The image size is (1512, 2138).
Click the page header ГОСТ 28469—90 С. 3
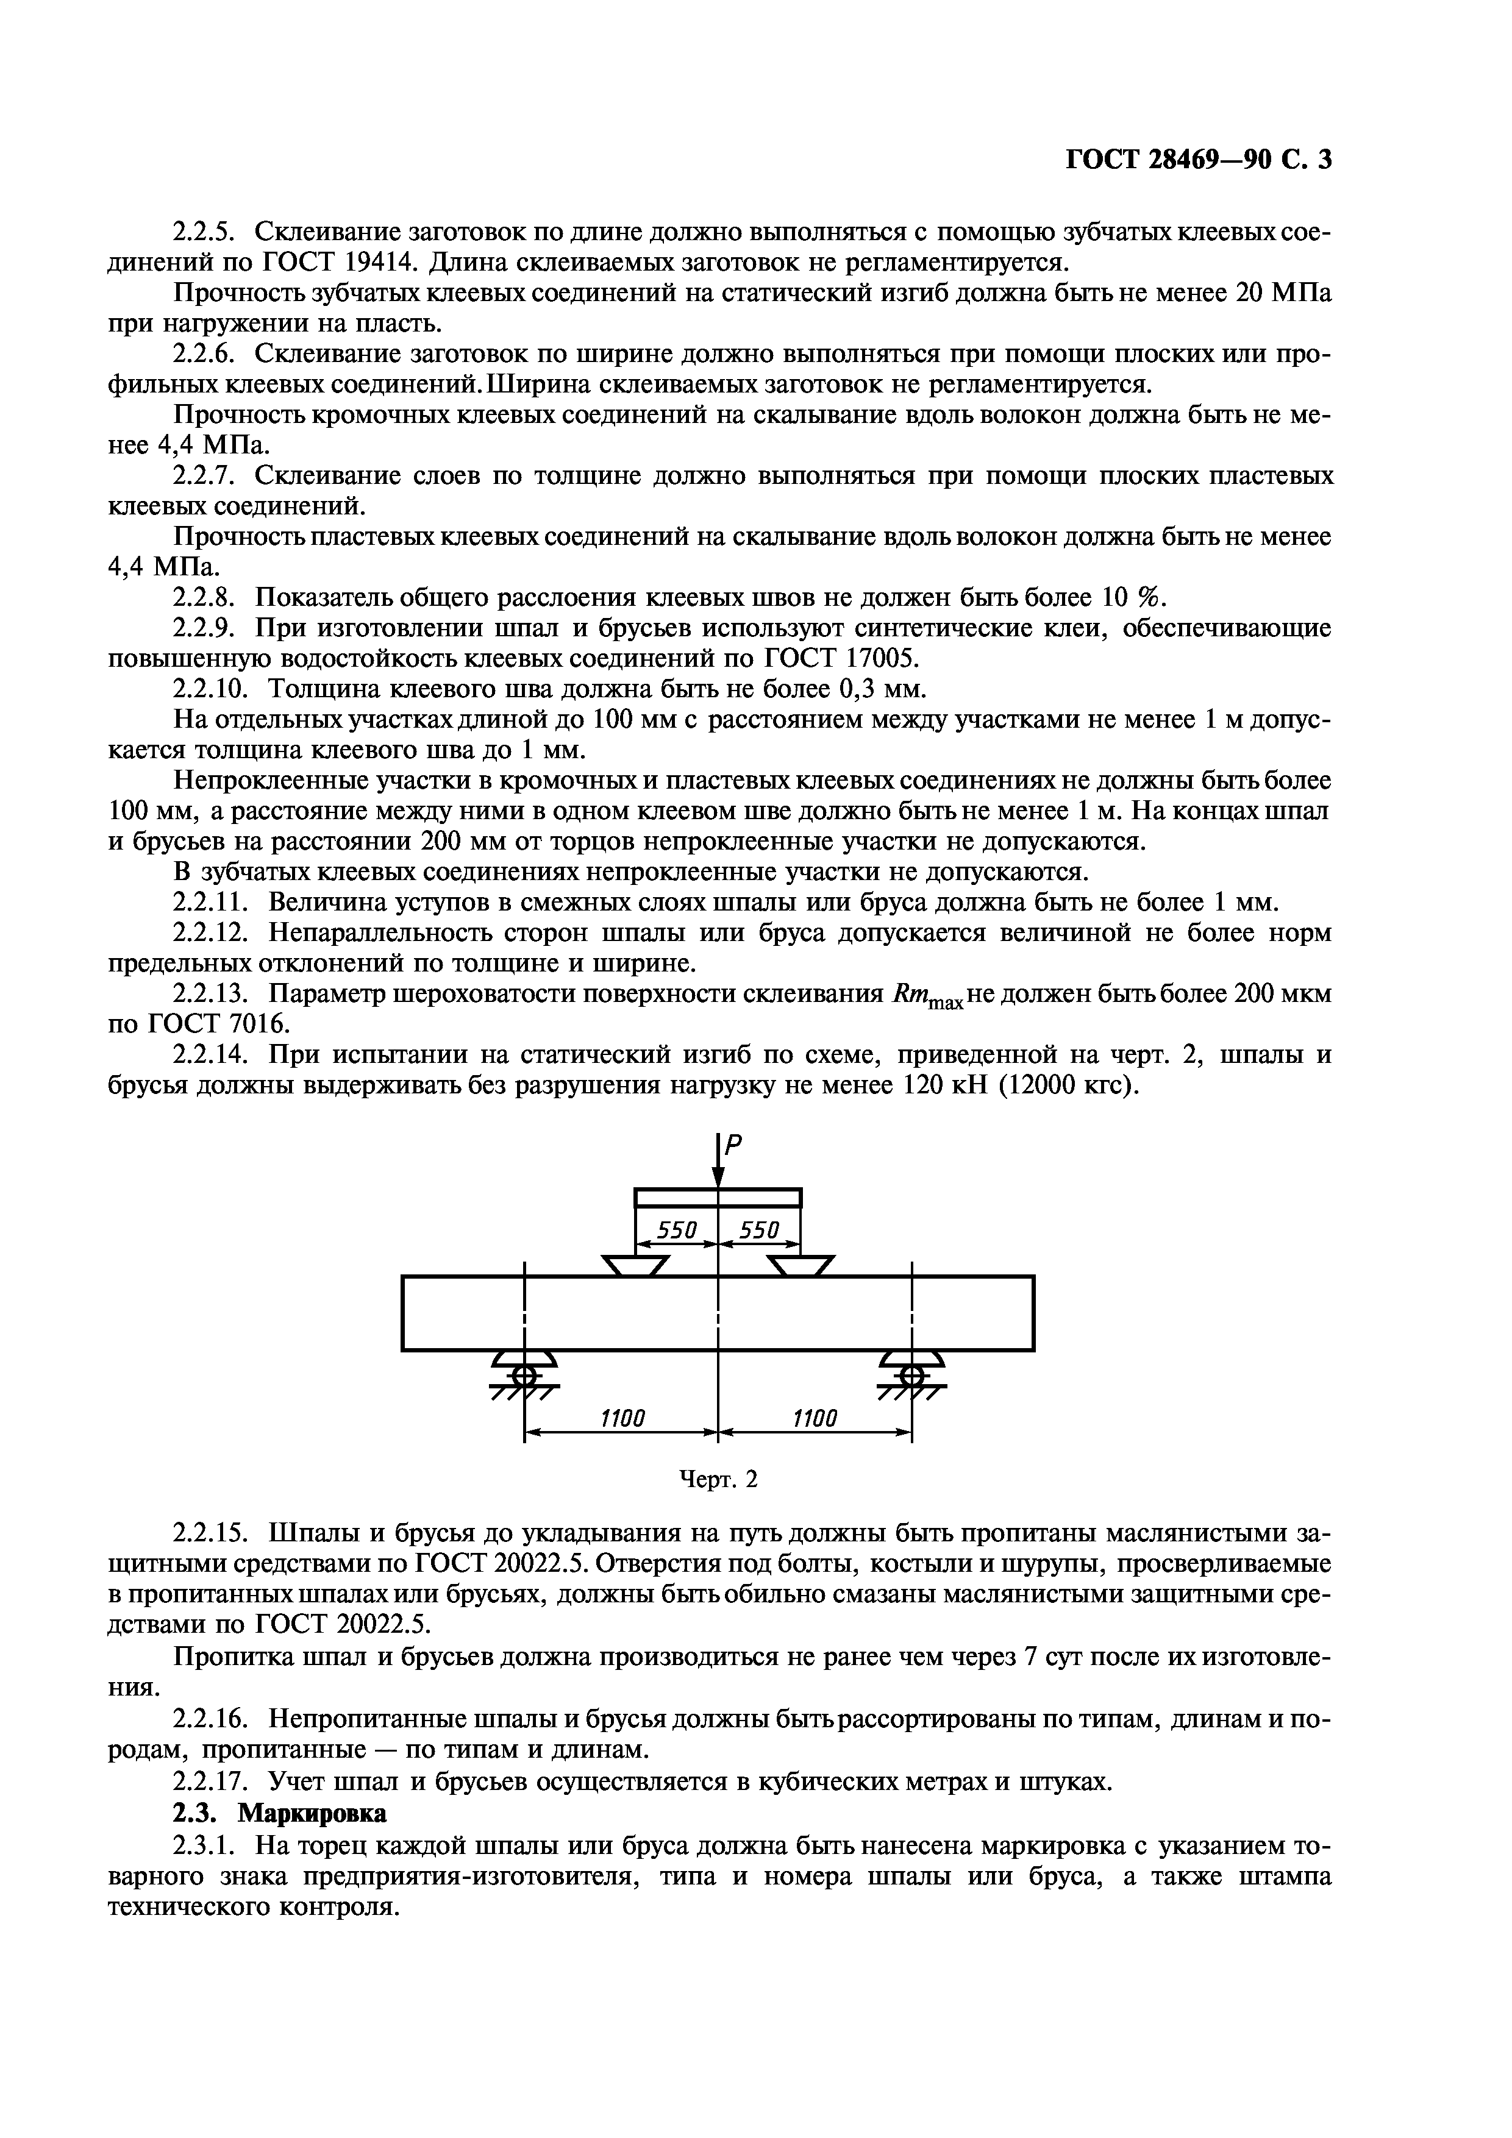point(1199,160)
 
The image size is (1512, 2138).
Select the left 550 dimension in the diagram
point(677,1231)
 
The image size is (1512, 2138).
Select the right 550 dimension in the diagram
point(758,1231)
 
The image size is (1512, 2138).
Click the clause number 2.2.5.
point(207,232)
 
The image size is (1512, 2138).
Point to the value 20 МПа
point(1283,293)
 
